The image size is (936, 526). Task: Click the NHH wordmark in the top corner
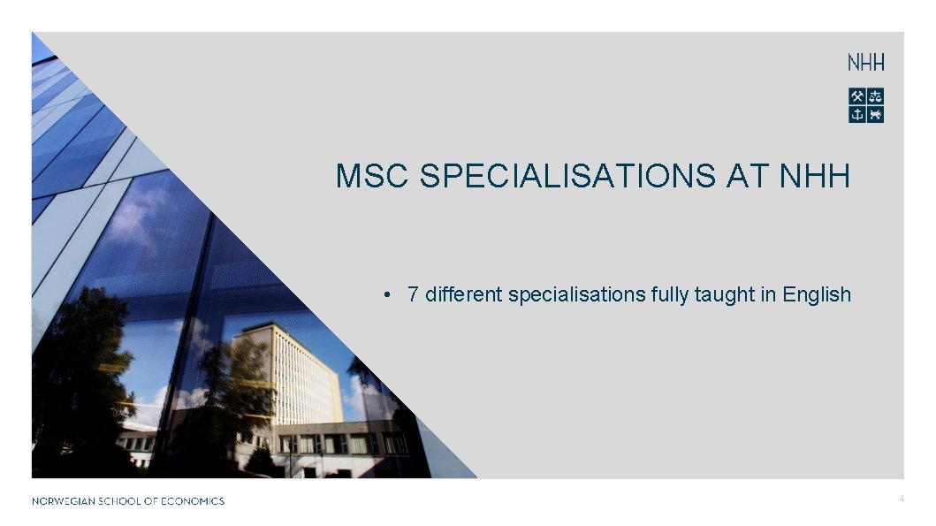pyautogui.click(x=865, y=63)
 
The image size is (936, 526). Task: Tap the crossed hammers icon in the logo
pyautogui.click(x=857, y=96)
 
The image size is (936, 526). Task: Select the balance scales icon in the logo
pyautogui.click(x=875, y=96)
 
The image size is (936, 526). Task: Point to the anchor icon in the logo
pyautogui.click(x=857, y=114)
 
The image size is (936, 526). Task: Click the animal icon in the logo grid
pyautogui.click(x=875, y=114)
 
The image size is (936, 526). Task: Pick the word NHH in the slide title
pyautogui.click(x=815, y=176)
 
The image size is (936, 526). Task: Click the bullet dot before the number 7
pyautogui.click(x=387, y=294)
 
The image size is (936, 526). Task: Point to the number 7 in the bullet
pyautogui.click(x=413, y=294)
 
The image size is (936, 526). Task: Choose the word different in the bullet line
pyautogui.click(x=464, y=294)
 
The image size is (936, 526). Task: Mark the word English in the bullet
pyautogui.click(x=817, y=294)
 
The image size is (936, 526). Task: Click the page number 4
pyautogui.click(x=901, y=499)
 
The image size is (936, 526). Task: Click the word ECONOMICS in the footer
pyautogui.click(x=192, y=501)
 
